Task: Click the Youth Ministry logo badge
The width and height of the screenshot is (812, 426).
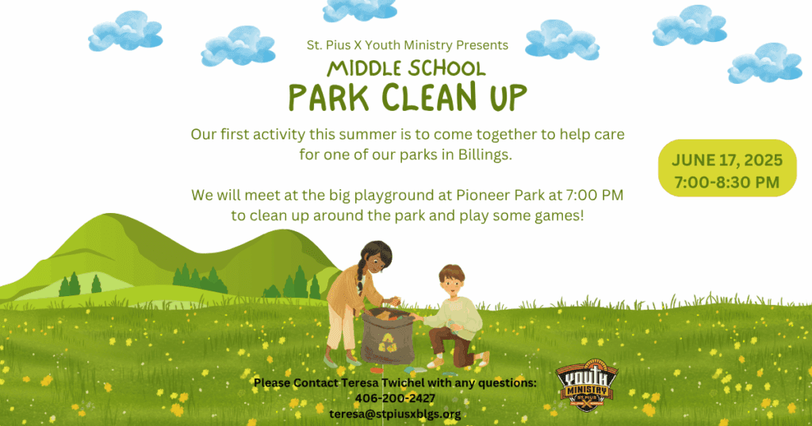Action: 587,385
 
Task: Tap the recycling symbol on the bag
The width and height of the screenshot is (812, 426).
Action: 387,343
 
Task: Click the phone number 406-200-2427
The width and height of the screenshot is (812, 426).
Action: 395,398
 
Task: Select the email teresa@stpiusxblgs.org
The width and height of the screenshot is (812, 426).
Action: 395,413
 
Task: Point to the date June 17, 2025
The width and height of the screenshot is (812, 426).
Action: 727,160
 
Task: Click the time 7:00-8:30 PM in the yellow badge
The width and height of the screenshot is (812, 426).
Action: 727,182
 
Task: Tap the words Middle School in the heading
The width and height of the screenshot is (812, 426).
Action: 406,68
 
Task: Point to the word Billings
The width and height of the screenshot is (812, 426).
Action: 485,154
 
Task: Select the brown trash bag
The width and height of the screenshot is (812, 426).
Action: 387,336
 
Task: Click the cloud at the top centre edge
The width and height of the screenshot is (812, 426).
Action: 359,10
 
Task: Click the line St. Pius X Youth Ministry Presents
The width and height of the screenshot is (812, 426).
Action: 407,45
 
